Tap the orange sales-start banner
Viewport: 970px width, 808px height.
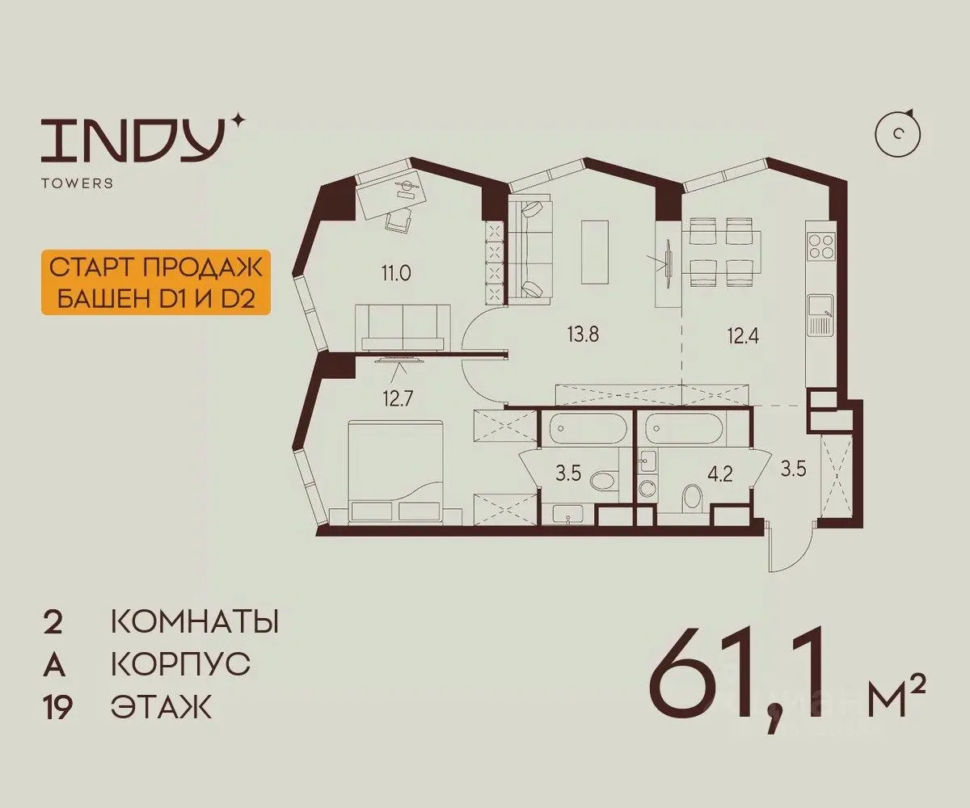click(x=156, y=283)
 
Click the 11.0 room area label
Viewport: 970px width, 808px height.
click(x=396, y=273)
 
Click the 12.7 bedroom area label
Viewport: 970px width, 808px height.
click(x=399, y=398)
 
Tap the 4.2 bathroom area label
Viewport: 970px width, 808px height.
click(x=720, y=474)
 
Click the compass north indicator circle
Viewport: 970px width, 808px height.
click(x=897, y=134)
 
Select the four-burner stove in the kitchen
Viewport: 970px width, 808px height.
click(x=821, y=246)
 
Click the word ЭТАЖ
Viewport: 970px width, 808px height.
click(x=161, y=706)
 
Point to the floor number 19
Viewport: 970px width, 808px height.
click(x=57, y=707)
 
